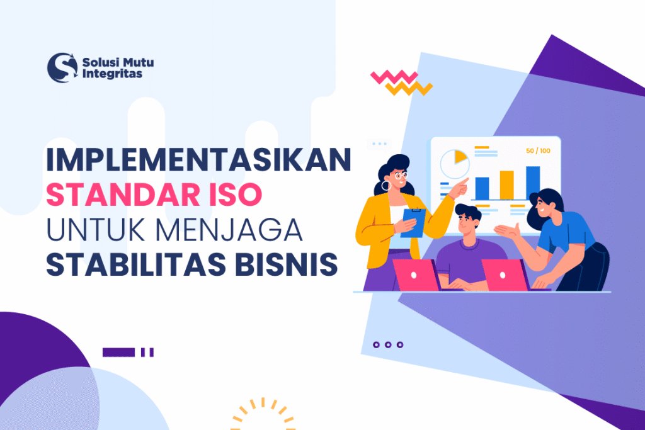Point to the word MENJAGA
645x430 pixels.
(240, 230)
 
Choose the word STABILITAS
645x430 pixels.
(119, 264)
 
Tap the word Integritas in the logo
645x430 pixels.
(112, 74)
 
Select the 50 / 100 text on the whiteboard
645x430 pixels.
(537, 150)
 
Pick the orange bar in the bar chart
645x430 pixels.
(507, 184)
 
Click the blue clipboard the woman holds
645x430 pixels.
(413, 223)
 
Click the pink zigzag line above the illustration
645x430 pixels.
(394, 77)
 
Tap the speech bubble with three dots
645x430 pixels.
(379, 144)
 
